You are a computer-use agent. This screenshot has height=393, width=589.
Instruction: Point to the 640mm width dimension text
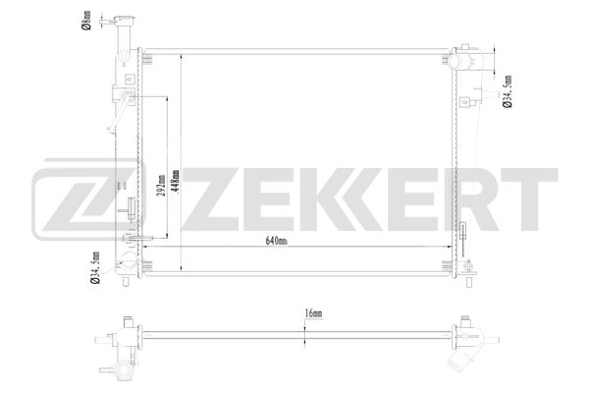click(x=276, y=242)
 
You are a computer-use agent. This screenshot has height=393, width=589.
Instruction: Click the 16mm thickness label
click(x=313, y=313)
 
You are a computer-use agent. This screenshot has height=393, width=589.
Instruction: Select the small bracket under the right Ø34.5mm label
click(x=477, y=98)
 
